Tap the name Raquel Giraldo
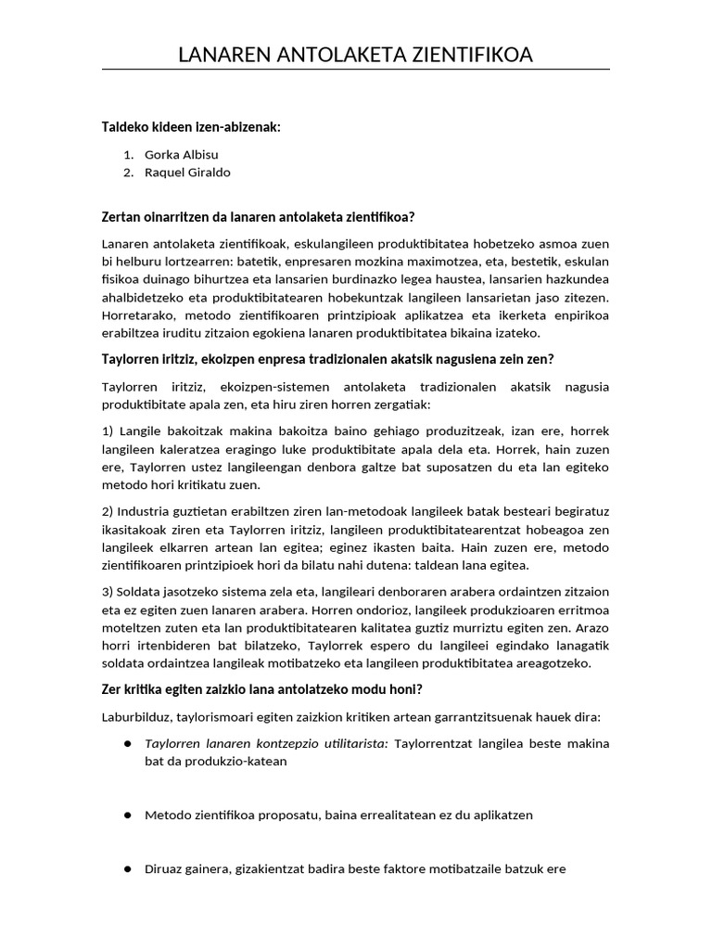tap(187, 173)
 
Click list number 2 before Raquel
tap(128, 173)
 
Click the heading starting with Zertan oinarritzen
tap(258, 217)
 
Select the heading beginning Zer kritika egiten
tap(262, 688)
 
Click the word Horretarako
tap(137, 315)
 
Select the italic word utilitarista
tap(353, 743)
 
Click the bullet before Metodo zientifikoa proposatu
tap(127, 815)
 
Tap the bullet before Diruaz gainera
tap(127, 868)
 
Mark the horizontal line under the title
tap(356, 70)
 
